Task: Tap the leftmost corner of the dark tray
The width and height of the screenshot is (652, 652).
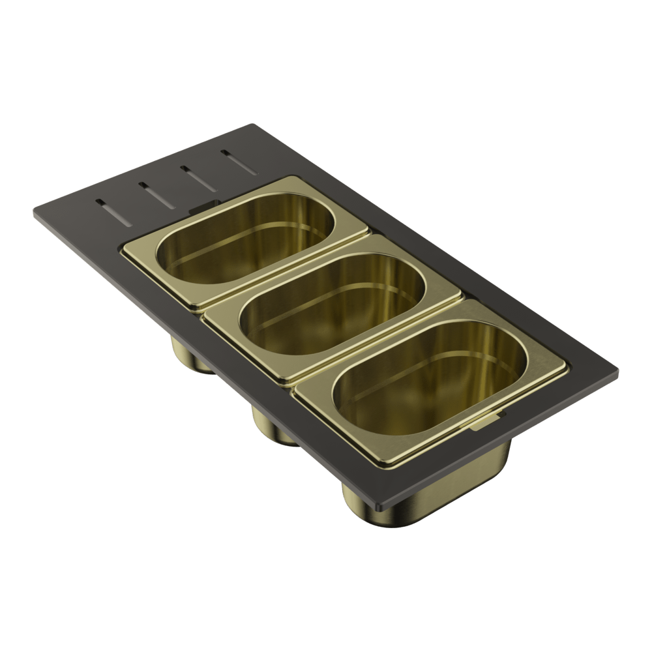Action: [x=34, y=212]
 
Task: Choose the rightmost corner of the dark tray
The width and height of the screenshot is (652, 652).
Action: [x=617, y=377]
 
